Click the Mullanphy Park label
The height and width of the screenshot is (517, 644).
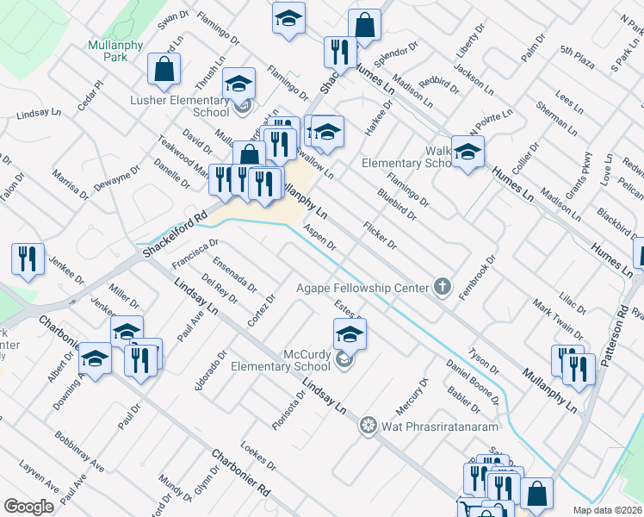[x=108, y=51]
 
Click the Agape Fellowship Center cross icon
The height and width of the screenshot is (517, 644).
[x=443, y=287]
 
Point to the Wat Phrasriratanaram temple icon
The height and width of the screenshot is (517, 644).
[x=368, y=425]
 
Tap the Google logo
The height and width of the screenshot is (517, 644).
[x=28, y=507]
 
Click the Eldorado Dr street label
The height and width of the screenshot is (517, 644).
[x=209, y=369]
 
